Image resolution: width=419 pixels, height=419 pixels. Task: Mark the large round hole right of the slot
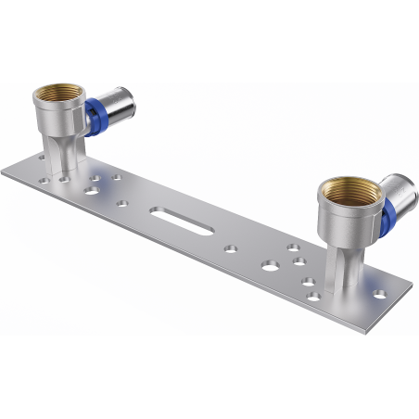point(269,265)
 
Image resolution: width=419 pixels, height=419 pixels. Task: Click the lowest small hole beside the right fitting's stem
point(314,297)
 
